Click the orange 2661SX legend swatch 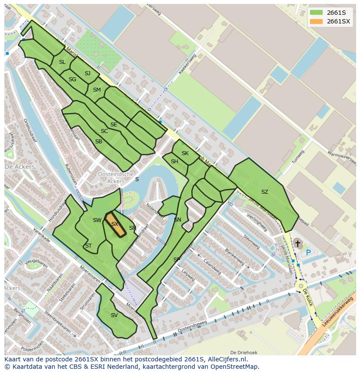[317, 21]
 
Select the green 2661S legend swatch [317, 12]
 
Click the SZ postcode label [264, 192]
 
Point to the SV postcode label [114, 315]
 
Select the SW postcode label [97, 220]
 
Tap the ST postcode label [88, 246]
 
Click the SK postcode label [185, 153]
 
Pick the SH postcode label [174, 162]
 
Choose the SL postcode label [62, 62]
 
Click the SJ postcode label [87, 73]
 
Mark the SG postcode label [72, 79]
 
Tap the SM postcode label [97, 90]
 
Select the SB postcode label [99, 142]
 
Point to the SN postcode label [177, 220]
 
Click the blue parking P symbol [308, 252]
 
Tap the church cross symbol [298, 245]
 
